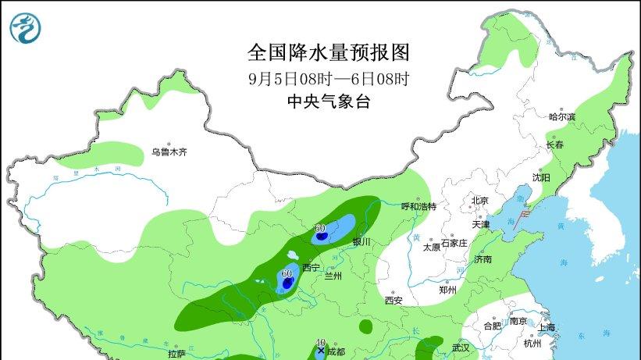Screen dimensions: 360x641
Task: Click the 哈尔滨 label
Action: pyautogui.click(x=561, y=117)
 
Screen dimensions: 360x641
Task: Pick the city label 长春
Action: pyautogui.click(x=555, y=145)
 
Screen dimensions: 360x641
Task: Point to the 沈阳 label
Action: pyautogui.click(x=541, y=178)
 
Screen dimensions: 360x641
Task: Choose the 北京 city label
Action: pyautogui.click(x=479, y=201)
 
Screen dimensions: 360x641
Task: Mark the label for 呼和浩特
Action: pyautogui.click(x=418, y=207)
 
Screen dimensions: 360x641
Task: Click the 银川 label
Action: pyautogui.click(x=361, y=242)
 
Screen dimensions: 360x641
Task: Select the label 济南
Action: pyautogui.click(x=482, y=259)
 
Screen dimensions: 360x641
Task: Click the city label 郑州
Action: pyautogui.click(x=447, y=290)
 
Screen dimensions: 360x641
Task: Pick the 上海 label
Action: pyautogui.click(x=547, y=327)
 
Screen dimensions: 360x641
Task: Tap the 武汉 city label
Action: pyautogui.click(x=461, y=348)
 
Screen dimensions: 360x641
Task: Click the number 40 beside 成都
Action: pyautogui.click(x=320, y=342)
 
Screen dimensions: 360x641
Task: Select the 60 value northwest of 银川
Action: pyautogui.click(x=320, y=229)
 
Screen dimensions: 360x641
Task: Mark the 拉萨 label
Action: pyautogui.click(x=176, y=354)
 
